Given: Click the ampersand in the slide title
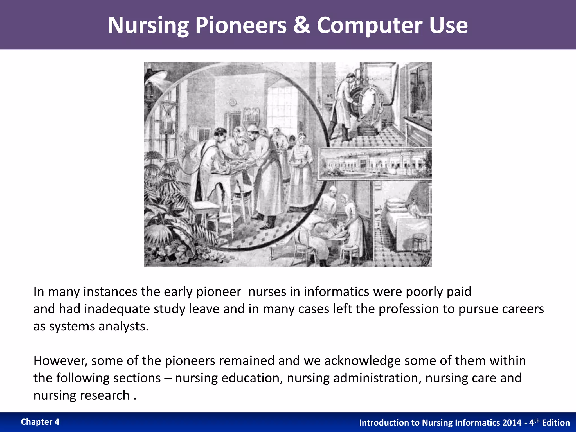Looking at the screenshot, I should pos(301,25).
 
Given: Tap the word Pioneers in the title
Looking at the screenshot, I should pos(241,25).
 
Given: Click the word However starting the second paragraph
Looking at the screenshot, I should pos(60,361).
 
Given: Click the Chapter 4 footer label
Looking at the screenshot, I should pos(40,422).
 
